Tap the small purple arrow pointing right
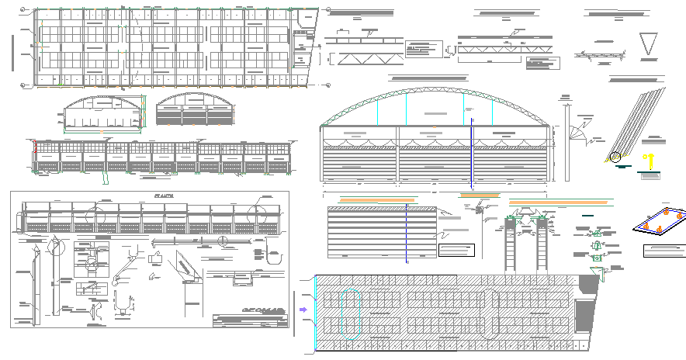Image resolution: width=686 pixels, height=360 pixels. coord(303,309)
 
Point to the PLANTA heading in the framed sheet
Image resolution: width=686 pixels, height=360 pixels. coord(164,197)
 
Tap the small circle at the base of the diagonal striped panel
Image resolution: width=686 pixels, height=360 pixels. coord(616,157)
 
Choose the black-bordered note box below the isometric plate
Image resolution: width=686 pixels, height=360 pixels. coord(664,251)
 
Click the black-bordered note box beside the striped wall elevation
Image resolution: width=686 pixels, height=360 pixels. coord(456,250)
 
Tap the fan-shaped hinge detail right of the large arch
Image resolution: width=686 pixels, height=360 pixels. coord(577,132)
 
